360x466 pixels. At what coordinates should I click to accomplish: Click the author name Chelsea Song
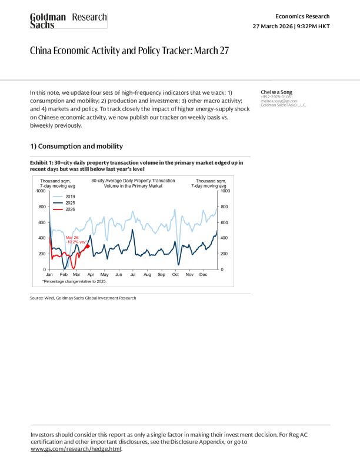[276, 92]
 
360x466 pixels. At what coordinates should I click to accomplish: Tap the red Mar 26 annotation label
[76, 239]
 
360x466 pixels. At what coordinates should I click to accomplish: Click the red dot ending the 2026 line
[88, 247]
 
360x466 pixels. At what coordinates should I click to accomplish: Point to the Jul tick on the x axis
[133, 275]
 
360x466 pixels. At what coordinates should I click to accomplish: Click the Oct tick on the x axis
[175, 275]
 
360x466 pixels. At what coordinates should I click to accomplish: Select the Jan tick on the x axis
[49, 275]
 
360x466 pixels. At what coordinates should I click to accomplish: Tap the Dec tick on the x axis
[204, 275]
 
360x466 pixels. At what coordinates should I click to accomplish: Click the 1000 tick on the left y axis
[41, 191]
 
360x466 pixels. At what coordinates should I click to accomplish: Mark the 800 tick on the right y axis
[224, 207]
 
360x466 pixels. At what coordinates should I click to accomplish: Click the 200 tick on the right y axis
[224, 254]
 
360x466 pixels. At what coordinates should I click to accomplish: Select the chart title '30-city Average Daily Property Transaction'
[133, 180]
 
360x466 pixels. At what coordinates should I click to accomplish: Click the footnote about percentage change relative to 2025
[74, 282]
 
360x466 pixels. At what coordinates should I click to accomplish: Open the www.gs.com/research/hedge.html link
[75, 448]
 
